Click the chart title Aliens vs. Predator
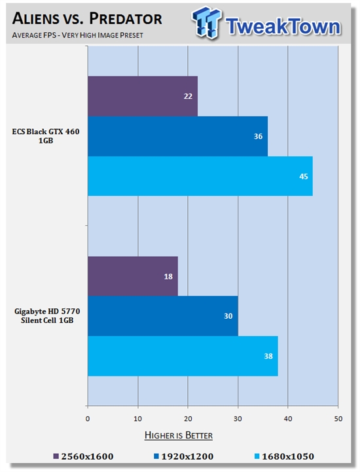(87, 19)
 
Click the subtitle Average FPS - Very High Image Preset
(78, 35)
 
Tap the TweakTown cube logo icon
(207, 22)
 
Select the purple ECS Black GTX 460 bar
(143, 96)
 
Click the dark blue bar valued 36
(177, 136)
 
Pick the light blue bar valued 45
(200, 176)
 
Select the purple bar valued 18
(133, 276)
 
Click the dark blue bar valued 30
(163, 316)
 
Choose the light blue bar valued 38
(183, 356)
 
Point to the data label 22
(188, 96)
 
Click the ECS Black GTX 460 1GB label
(46, 136)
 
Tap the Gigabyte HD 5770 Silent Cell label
(47, 316)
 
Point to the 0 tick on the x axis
(88, 419)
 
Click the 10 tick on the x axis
(138, 419)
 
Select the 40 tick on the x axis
(288, 419)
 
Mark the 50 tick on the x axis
(338, 419)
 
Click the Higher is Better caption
(179, 435)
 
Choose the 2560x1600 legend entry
(83, 456)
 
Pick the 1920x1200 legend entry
(184, 456)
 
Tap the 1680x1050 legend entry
(284, 456)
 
